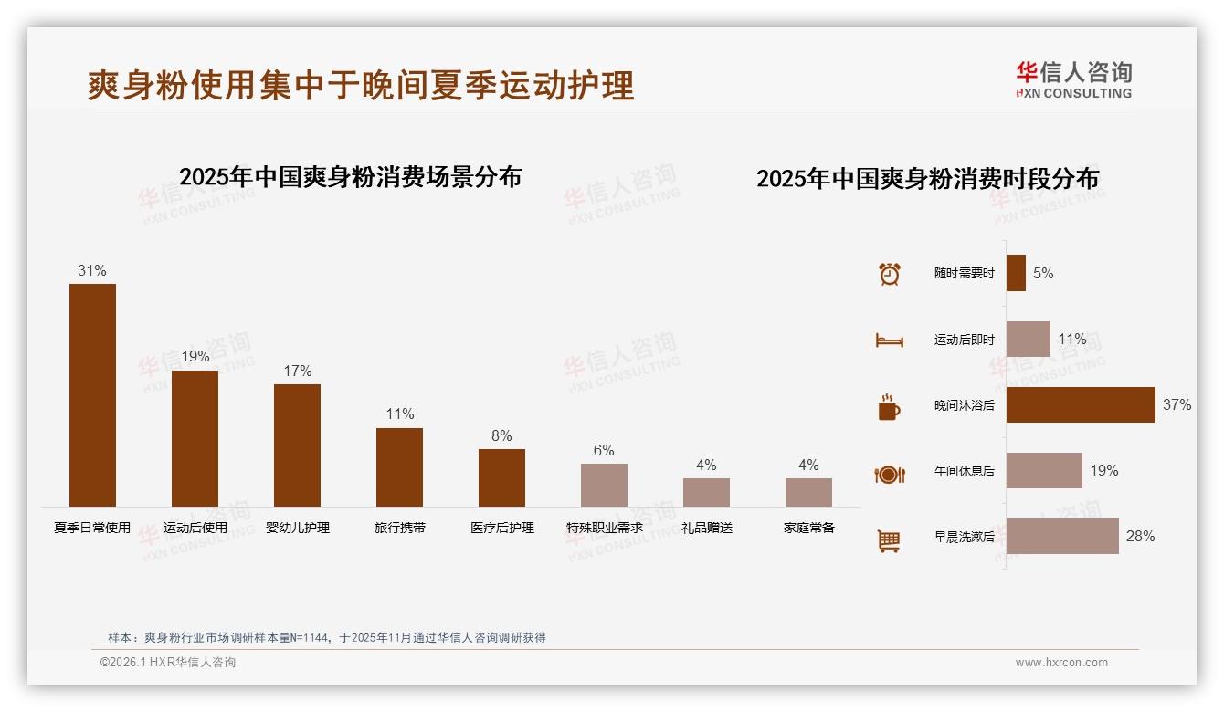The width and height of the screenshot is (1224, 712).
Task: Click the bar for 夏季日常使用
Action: pyautogui.click(x=92, y=394)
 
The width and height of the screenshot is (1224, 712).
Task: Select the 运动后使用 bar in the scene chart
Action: pyautogui.click(x=195, y=438)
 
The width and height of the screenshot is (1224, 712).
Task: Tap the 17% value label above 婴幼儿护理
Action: pyautogui.click(x=297, y=371)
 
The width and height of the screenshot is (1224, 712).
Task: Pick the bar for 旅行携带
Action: pyautogui.click(x=399, y=466)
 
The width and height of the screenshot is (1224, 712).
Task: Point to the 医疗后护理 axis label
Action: pyautogui.click(x=501, y=528)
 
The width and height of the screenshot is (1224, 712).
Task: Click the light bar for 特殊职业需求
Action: pyautogui.click(x=604, y=485)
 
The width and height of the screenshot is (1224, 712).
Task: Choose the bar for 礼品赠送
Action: pyautogui.click(x=706, y=492)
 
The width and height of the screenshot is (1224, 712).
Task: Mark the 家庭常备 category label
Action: pyautogui.click(x=808, y=528)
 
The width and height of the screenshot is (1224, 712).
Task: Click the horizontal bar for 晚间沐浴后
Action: pyautogui.click(x=1081, y=404)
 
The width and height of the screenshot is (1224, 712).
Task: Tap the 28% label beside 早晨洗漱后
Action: pyautogui.click(x=1140, y=537)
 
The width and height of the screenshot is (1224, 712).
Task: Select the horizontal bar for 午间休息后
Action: pyautogui.click(x=1044, y=471)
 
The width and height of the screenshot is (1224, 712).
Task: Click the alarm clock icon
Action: pyautogui.click(x=889, y=274)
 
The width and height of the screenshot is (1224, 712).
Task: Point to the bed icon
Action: pyautogui.click(x=889, y=340)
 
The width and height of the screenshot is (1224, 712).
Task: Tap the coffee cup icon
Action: pyautogui.click(x=889, y=407)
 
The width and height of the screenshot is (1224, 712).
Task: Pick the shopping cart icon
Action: pyautogui.click(x=889, y=540)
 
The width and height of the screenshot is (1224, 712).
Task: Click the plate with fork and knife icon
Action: pyautogui.click(x=889, y=474)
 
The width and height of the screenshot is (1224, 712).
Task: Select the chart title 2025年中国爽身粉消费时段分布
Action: pyautogui.click(x=927, y=179)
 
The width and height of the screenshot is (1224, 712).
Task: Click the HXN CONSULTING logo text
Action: pyautogui.click(x=1073, y=93)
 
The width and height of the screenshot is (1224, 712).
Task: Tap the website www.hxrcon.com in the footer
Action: pyautogui.click(x=1061, y=663)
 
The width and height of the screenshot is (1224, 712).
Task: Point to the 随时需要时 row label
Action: pyautogui.click(x=964, y=274)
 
